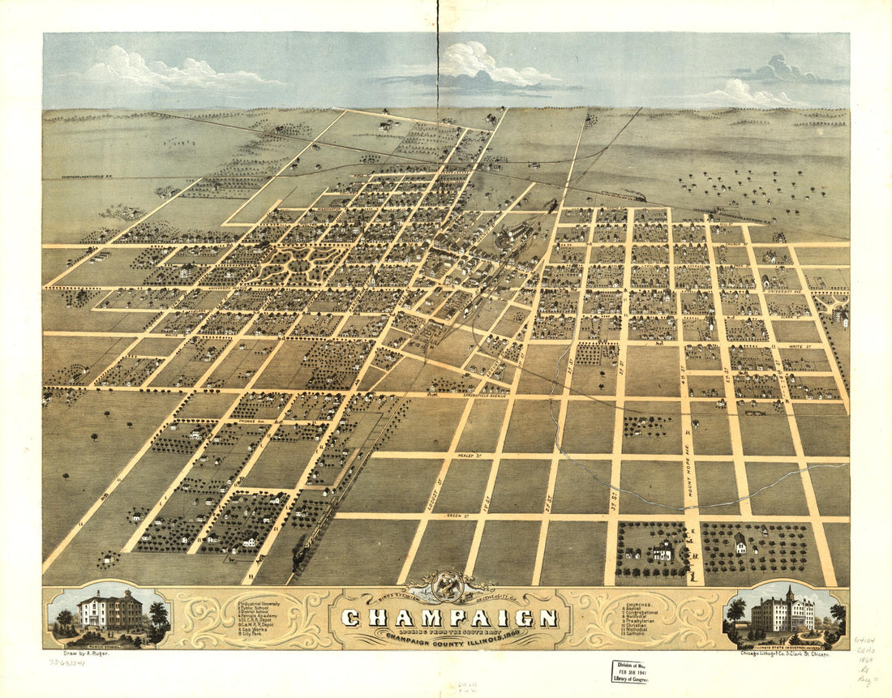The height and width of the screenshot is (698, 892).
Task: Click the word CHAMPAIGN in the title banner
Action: [x=449, y=618]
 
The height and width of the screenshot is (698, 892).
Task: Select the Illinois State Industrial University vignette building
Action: [x=783, y=612]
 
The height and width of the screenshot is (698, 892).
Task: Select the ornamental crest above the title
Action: [x=447, y=585]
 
